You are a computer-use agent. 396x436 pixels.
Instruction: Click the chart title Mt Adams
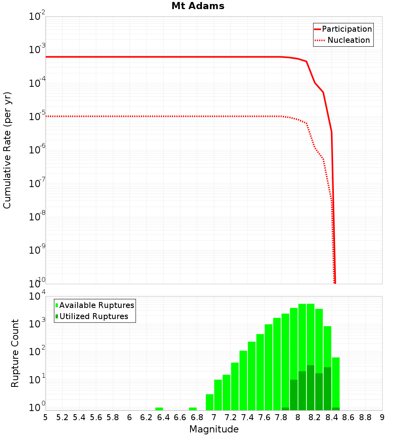pos(198,6)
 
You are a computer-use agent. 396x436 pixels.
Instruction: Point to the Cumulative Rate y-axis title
pos(7,150)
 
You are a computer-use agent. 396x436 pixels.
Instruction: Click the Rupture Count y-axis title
pos(15,353)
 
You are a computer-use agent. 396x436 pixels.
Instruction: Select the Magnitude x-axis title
pos(214,429)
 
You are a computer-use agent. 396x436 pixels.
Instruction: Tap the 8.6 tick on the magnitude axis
pos(348,417)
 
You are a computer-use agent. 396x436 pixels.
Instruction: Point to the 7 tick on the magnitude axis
pos(214,417)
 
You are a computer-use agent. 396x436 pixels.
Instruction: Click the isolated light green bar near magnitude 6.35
pos(159,409)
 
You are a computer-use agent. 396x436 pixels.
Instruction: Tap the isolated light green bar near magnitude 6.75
pos(193,409)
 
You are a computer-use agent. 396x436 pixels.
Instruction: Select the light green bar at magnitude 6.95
pos(209,402)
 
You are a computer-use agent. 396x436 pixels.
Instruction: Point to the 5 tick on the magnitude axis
pos(46,417)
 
